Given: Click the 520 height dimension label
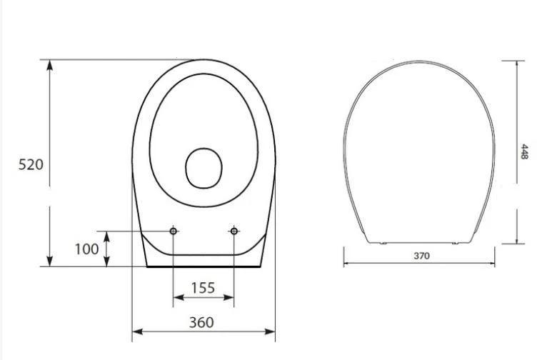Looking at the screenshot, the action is pyautogui.click(x=31, y=165).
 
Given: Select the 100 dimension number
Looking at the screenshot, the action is pyautogui.click(x=86, y=249).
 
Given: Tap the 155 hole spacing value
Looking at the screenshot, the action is pyautogui.click(x=203, y=288).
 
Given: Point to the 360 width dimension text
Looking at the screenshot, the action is pyautogui.click(x=201, y=322).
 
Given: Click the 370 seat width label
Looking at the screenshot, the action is pyautogui.click(x=421, y=256).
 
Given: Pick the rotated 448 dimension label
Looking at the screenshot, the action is pyautogui.click(x=524, y=151).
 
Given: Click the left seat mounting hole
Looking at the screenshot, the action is pyautogui.click(x=174, y=231).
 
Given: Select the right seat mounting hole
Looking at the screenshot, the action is pyautogui.click(x=234, y=231).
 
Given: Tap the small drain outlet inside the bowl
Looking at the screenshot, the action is pyautogui.click(x=204, y=168).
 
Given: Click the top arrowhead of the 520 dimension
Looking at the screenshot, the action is pyautogui.click(x=50, y=65).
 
